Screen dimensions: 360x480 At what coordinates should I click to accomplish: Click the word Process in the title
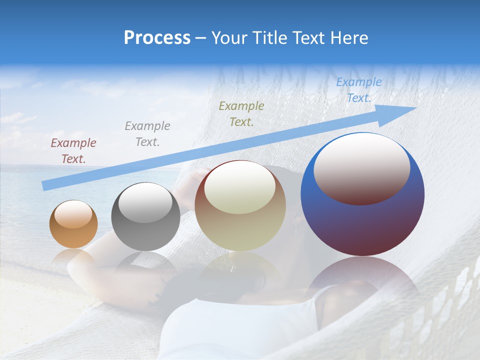click(x=157, y=38)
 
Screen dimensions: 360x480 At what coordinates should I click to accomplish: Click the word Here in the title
click(x=348, y=38)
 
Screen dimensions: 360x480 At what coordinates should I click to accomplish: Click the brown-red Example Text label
click(x=73, y=151)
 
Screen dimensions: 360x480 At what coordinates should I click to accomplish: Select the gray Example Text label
click(x=147, y=134)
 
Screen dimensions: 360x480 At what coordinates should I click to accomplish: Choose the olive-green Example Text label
click(x=241, y=113)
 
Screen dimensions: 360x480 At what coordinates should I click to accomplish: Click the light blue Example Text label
click(x=359, y=90)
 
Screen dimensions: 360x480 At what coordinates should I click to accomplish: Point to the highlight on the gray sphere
click(x=145, y=202)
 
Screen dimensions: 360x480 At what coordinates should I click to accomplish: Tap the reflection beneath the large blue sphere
click(x=362, y=280)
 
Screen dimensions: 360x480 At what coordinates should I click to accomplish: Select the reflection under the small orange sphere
click(x=73, y=257)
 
